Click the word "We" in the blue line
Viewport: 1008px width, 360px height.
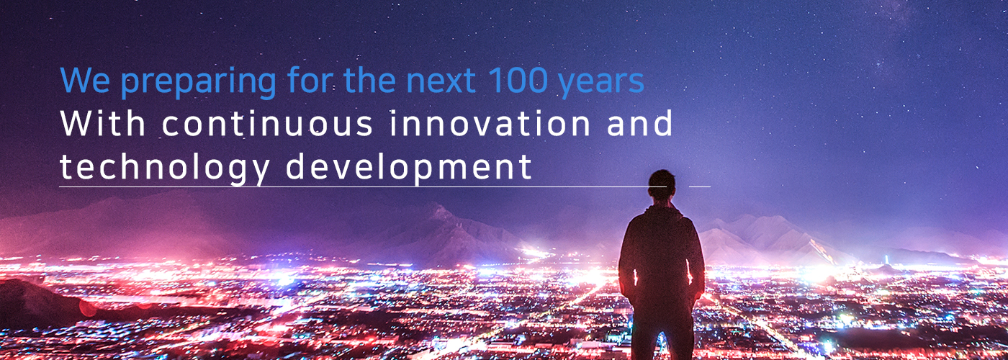86,80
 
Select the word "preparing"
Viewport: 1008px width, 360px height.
199,83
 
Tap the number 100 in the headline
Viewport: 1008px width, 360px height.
518,81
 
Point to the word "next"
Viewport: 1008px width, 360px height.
441,81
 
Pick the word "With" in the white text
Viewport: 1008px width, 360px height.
103,123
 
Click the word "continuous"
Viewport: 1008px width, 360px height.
267,123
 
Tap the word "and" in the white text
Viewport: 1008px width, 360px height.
640,123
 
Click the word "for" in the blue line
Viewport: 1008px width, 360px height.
310,80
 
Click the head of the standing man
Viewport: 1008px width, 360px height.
662,184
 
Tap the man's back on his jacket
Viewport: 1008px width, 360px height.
661,252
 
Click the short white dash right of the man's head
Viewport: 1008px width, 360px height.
700,186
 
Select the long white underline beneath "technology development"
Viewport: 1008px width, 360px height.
363,186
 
